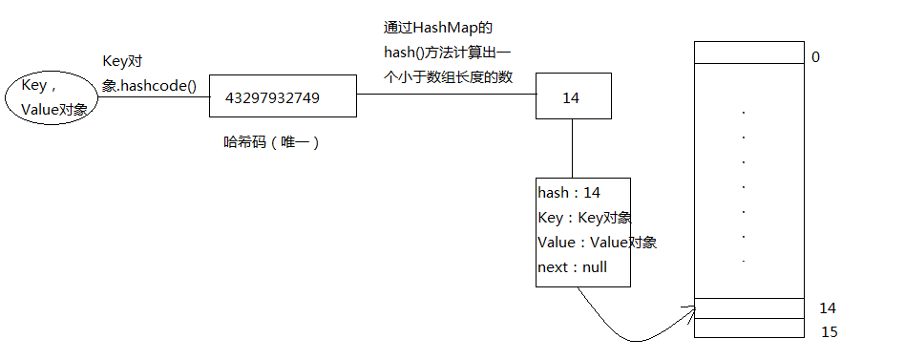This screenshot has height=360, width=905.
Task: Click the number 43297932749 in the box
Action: click(x=273, y=97)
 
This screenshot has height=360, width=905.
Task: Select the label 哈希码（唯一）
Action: click(x=270, y=142)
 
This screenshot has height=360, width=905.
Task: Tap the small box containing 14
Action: click(x=572, y=97)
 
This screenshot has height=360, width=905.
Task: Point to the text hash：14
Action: click(x=569, y=193)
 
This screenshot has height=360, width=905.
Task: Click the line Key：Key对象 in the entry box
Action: click(x=584, y=218)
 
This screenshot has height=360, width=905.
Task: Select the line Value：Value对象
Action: click(x=597, y=243)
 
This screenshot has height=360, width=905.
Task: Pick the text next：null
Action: click(x=572, y=267)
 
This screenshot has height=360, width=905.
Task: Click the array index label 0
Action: click(x=815, y=56)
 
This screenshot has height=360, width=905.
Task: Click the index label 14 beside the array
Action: click(x=827, y=307)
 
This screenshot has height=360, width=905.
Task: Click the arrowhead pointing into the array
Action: click(x=689, y=308)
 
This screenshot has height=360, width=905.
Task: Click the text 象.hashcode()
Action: click(x=149, y=85)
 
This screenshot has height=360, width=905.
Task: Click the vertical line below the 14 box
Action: click(x=572, y=148)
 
